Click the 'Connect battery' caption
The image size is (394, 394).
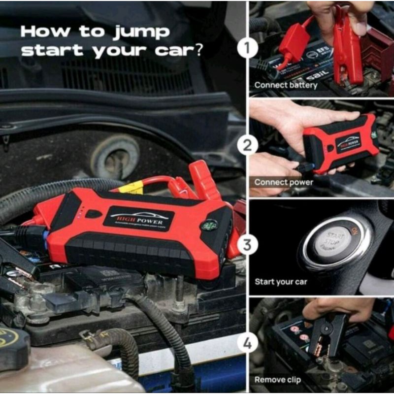point(286,85)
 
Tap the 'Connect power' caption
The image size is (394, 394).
point(284,182)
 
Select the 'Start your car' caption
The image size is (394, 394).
point(281,282)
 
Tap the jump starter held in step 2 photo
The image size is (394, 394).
point(340,143)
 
